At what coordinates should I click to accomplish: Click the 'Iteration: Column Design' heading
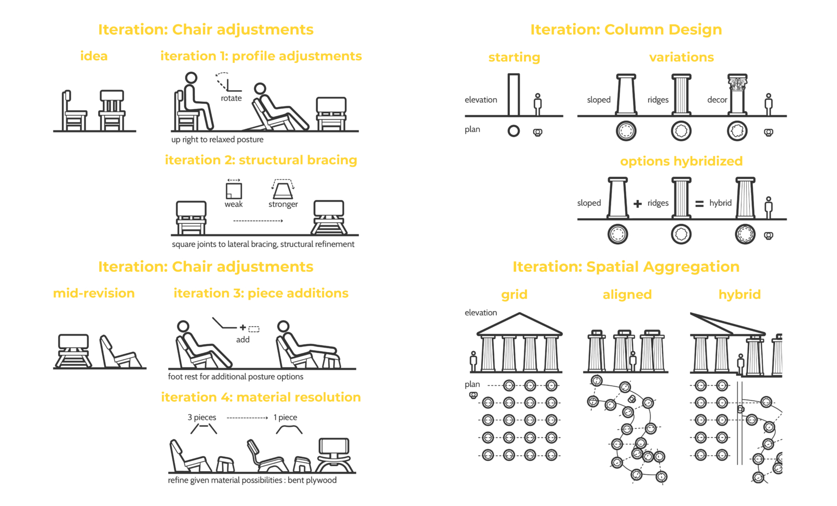click(626, 30)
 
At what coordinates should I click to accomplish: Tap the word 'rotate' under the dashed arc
click(231, 98)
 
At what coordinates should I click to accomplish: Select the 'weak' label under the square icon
click(233, 204)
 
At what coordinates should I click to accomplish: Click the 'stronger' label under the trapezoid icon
click(283, 204)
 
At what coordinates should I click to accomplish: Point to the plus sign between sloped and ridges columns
click(638, 204)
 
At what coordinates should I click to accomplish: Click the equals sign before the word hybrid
click(699, 204)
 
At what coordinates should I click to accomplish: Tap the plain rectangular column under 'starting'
click(514, 95)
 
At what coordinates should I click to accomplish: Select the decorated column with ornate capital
click(737, 94)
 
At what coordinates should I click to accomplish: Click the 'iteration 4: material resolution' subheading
click(261, 397)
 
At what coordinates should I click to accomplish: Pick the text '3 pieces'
click(202, 417)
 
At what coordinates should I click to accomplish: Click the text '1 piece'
click(285, 417)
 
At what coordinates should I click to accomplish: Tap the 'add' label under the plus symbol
click(242, 340)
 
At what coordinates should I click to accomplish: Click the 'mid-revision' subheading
click(94, 294)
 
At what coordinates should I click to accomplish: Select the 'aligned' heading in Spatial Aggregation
click(627, 295)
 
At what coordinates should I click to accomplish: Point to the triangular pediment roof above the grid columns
click(519, 325)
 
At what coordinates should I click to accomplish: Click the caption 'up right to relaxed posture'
click(218, 139)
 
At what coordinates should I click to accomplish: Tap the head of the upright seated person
click(191, 78)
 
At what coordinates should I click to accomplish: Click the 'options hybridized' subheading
click(681, 161)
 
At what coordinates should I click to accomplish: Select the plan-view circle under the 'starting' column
click(514, 131)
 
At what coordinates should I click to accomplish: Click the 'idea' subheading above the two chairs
click(94, 56)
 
